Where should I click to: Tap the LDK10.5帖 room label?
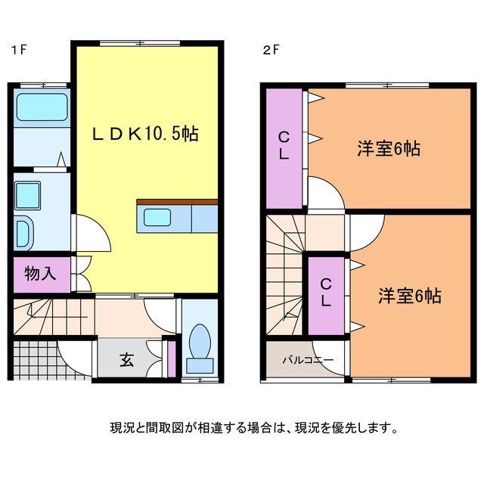[x=145, y=134]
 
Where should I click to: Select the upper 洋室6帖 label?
[x=388, y=148]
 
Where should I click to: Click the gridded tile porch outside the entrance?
[x=35, y=361]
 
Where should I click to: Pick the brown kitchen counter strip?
[x=177, y=202]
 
